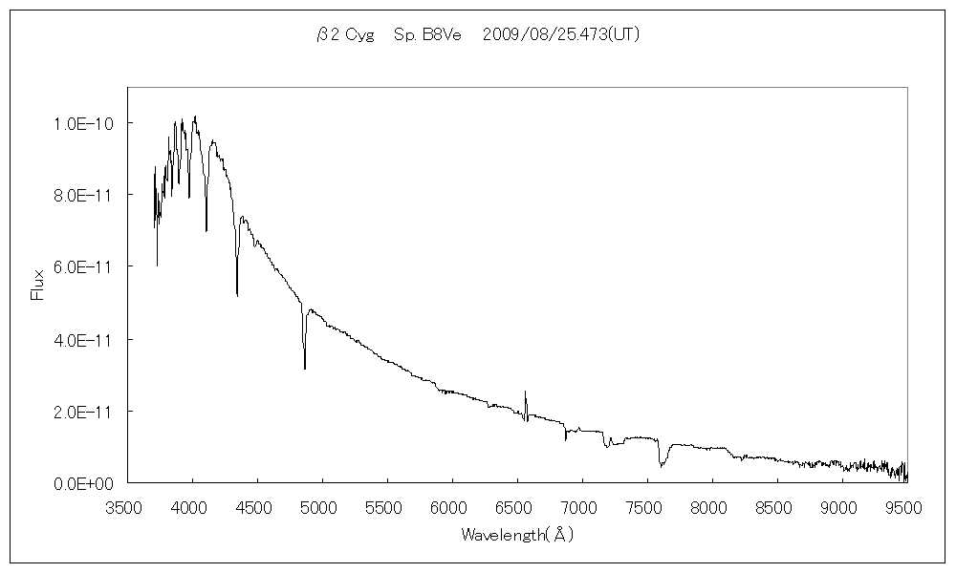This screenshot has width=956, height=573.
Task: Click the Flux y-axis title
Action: click(x=38, y=285)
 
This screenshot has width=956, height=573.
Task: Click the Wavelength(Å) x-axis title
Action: click(x=517, y=535)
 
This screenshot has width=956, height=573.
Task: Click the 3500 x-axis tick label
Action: click(x=127, y=507)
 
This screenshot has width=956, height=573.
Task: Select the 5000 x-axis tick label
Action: click(x=322, y=507)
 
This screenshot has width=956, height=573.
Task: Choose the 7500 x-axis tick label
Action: click(x=647, y=507)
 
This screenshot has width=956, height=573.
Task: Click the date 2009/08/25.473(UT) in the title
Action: click(x=561, y=35)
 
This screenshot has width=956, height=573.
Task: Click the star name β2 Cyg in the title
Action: click(x=345, y=35)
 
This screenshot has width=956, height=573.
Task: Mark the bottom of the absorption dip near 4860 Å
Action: click(x=305, y=368)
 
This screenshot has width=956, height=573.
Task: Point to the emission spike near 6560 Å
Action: click(x=525, y=392)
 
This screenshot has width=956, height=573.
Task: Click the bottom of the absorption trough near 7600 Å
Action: click(x=662, y=466)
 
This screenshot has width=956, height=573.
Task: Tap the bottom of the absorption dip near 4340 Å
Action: click(x=237, y=296)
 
